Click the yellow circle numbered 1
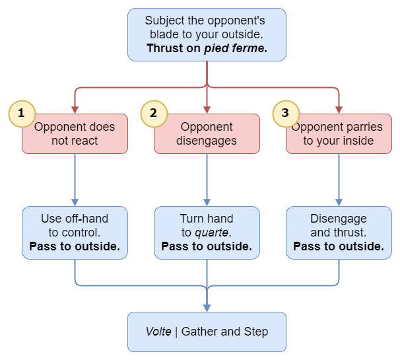click(21, 113)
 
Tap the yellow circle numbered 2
click(153, 113)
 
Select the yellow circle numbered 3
click(285, 113)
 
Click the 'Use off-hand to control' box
click(75, 233)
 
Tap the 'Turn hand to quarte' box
click(207, 233)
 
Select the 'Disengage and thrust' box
click(339, 233)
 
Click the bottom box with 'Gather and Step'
click(207, 332)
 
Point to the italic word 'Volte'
click(159, 332)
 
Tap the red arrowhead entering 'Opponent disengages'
click(207, 109)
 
